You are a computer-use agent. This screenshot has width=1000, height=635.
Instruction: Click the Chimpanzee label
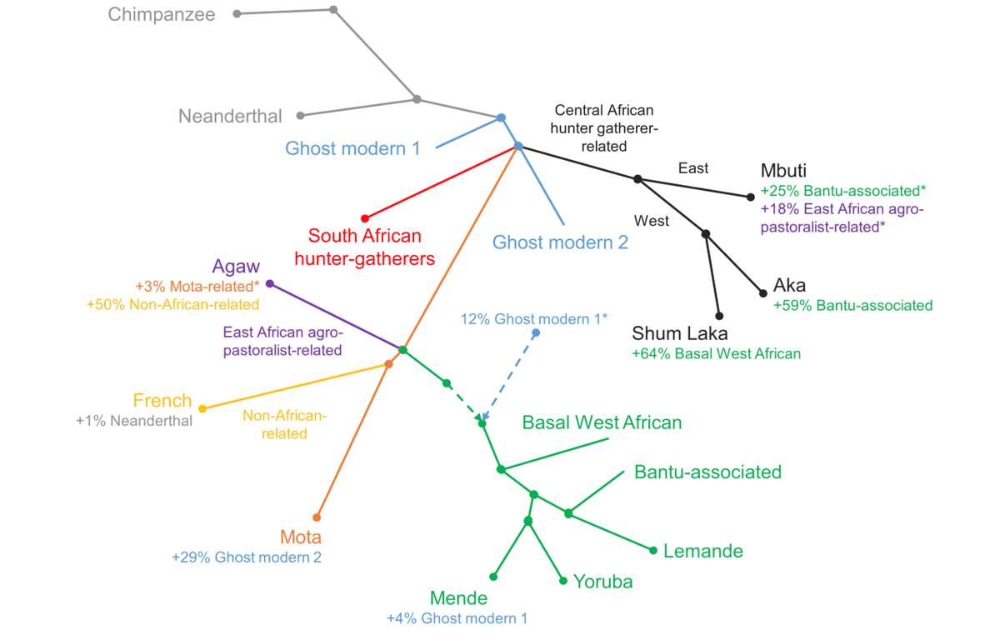(x=162, y=14)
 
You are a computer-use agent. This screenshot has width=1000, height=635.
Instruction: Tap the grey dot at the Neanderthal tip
(x=301, y=115)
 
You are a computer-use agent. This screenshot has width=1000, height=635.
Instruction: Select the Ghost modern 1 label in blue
(x=352, y=148)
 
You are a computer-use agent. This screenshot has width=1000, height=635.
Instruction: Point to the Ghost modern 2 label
(x=560, y=242)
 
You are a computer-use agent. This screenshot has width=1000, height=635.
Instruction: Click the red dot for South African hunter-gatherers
(x=365, y=218)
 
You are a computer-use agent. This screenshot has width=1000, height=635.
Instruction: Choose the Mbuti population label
(x=784, y=171)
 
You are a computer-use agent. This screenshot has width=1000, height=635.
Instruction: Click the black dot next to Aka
(x=762, y=292)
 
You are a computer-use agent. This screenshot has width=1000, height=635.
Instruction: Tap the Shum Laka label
(x=680, y=333)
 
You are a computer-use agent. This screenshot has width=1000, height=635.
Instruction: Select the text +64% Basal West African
(x=716, y=353)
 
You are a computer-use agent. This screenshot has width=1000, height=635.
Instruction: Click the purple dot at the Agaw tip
(x=269, y=283)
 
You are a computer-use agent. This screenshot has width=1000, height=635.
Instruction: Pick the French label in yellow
(x=162, y=401)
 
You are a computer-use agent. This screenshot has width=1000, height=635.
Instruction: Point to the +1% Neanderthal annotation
(x=134, y=421)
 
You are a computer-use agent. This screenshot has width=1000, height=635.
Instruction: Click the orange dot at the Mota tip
(x=317, y=517)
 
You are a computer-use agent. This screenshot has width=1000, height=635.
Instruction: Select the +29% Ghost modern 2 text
(x=247, y=557)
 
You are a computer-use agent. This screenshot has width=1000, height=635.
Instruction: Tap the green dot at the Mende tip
(x=493, y=577)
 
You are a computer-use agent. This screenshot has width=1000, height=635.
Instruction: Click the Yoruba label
(x=602, y=582)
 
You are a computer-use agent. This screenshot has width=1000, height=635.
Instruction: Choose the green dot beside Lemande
(x=653, y=550)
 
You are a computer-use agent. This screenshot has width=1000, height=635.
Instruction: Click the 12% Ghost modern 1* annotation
(x=534, y=318)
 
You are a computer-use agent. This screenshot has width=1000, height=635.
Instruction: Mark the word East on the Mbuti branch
(x=693, y=168)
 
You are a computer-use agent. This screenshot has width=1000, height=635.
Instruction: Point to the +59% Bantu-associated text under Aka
(x=852, y=306)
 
